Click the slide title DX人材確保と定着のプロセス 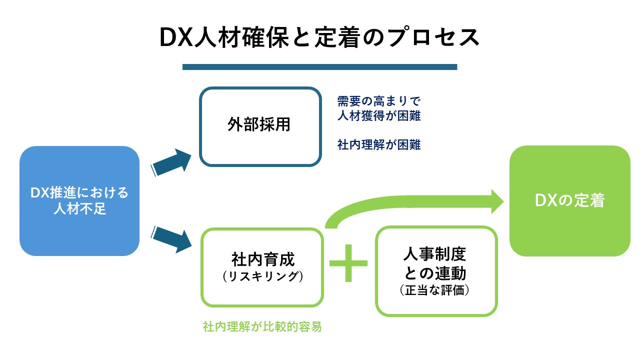[319, 38]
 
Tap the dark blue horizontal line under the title [319, 67]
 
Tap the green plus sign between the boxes [348, 263]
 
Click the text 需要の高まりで [378, 101]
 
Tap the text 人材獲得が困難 [378, 116]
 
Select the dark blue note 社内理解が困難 [378, 145]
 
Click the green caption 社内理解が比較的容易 [262, 327]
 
